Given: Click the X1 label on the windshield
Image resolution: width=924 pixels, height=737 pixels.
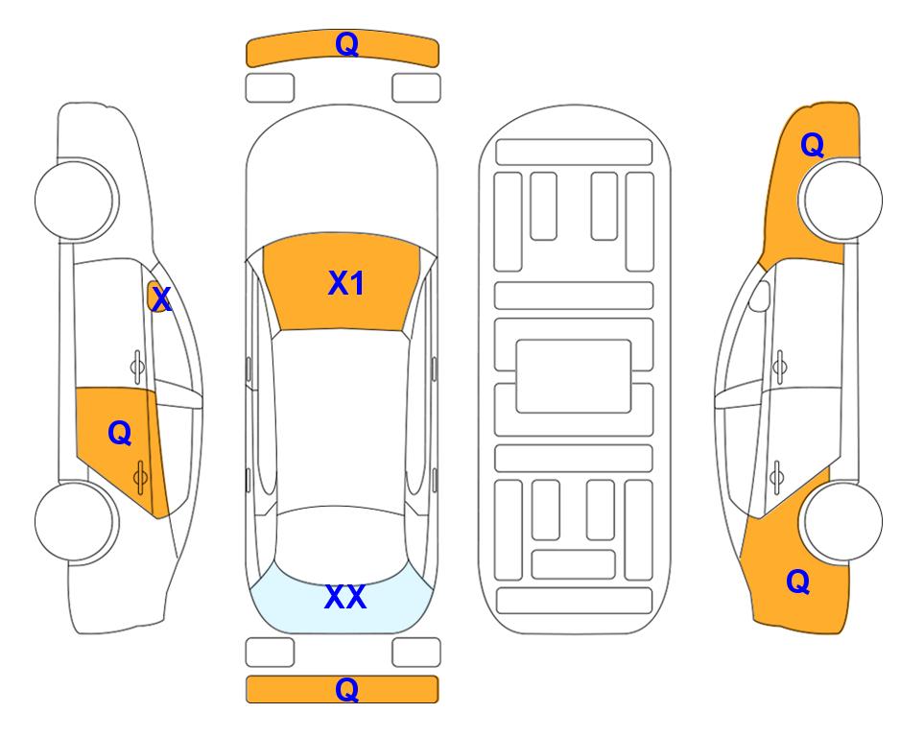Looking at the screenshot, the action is tap(346, 284).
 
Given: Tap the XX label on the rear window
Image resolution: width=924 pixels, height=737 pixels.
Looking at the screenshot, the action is tap(345, 597).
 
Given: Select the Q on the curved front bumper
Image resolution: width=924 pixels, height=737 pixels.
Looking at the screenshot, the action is tap(346, 43).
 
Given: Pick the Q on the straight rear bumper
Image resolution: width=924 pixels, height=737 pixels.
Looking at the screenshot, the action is tap(346, 689).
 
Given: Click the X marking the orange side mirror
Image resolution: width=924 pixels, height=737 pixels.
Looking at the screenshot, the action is tap(161, 299).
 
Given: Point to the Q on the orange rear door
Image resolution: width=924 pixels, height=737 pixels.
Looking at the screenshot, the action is tap(120, 433).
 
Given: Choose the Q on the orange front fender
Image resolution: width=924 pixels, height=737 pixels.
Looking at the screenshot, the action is tap(812, 145).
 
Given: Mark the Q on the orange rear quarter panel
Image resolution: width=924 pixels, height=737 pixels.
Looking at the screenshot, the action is tap(798, 582).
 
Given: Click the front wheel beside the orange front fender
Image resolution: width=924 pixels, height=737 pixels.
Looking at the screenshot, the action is tap(841, 200).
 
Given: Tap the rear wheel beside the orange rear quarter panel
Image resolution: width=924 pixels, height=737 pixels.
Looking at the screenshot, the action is tap(841, 521).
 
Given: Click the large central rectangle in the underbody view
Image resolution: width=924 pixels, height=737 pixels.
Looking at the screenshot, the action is tap(574, 376).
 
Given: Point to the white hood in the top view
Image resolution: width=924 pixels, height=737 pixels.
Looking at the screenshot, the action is tap(342, 177).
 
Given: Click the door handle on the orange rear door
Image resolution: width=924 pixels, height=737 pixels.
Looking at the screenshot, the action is tap(140, 477).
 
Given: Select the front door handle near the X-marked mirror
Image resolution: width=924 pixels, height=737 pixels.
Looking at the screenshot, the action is tap(137, 368).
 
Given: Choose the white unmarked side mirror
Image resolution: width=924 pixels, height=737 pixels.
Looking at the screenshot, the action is tap(760, 296).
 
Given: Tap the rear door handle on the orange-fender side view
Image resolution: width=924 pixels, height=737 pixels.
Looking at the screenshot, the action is tap(776, 477).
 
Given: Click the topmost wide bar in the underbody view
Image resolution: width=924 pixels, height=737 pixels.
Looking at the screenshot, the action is tap(574, 153).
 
